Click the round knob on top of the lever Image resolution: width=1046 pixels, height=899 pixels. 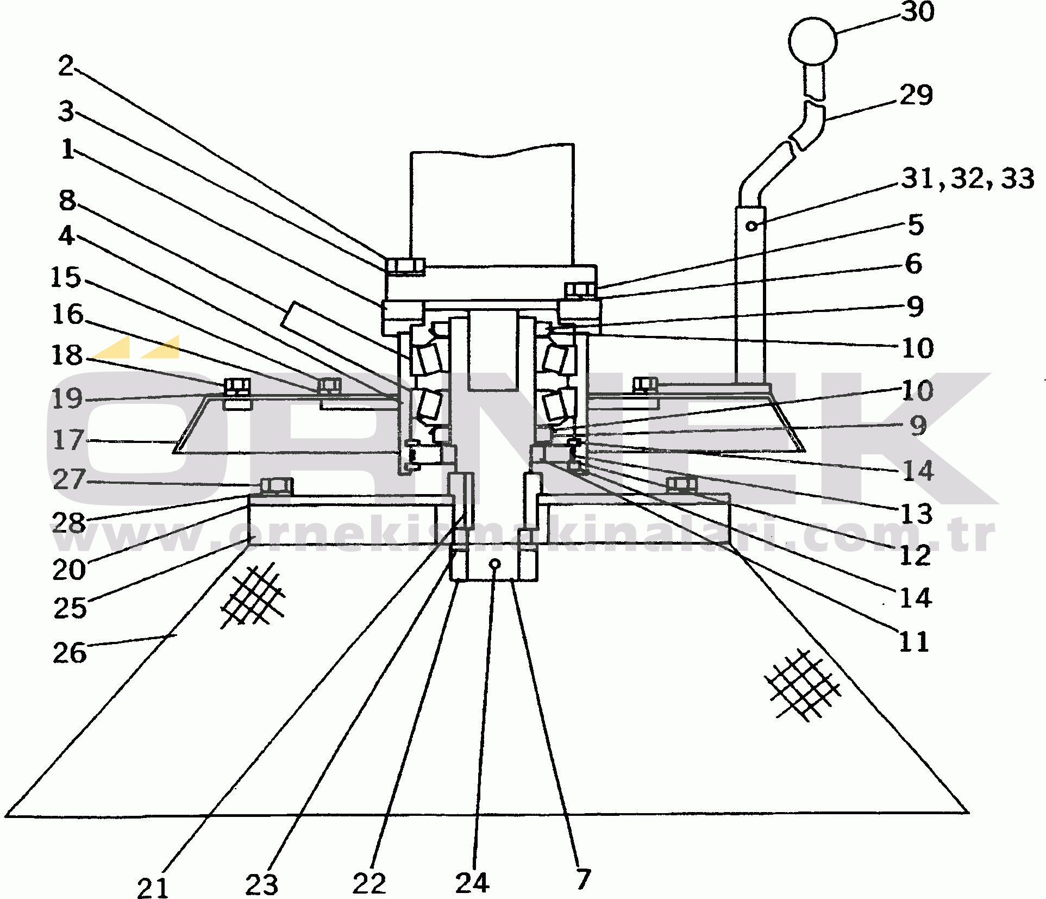(813, 40)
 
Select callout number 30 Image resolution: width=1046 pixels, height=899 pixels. (918, 11)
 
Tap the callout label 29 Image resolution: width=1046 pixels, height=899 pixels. (916, 95)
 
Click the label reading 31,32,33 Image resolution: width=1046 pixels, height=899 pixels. (968, 178)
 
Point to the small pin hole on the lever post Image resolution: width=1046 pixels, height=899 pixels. (751, 225)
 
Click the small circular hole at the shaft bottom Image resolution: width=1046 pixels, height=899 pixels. (494, 564)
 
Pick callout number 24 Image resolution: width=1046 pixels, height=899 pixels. (472, 883)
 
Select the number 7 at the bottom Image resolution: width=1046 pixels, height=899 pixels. (583, 879)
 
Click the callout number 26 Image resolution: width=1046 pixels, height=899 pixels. (70, 653)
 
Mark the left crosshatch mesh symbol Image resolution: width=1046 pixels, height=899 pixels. (253, 596)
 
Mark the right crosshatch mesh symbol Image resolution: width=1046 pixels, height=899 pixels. (802, 684)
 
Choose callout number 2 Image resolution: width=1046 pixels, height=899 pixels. (66, 66)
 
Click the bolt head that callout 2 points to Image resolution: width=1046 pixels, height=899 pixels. (405, 266)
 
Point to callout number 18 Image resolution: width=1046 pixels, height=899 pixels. (67, 355)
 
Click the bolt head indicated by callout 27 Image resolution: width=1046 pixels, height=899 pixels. (277, 485)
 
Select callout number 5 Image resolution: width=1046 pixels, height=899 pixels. (916, 224)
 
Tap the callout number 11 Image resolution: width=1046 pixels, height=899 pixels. (914, 642)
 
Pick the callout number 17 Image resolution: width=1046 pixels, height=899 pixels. (68, 440)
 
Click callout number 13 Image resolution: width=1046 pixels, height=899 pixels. (917, 514)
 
